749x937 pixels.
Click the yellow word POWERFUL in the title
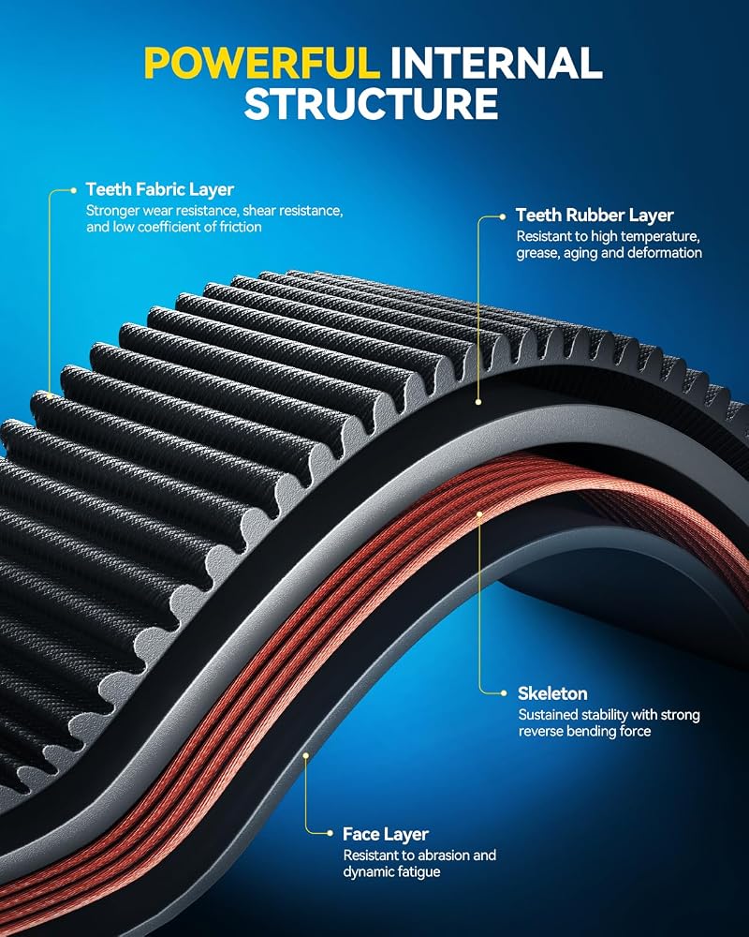tap(262, 64)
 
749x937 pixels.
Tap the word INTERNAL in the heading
tap(496, 64)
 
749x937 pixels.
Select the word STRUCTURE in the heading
tap(371, 103)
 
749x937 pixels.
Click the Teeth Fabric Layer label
tap(159, 189)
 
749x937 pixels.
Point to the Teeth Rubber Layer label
tap(595, 216)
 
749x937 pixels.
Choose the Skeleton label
tap(552, 693)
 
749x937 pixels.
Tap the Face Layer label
tap(386, 834)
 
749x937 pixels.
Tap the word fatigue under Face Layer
tap(417, 871)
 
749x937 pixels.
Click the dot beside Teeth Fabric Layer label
tap(73, 190)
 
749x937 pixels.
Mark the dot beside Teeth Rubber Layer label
tap(503, 216)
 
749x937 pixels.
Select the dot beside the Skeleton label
tap(504, 693)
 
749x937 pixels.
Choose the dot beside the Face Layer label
tap(330, 833)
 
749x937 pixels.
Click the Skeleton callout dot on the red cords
tap(479, 513)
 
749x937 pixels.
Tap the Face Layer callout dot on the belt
tap(305, 755)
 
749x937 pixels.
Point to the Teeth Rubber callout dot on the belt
tap(477, 402)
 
